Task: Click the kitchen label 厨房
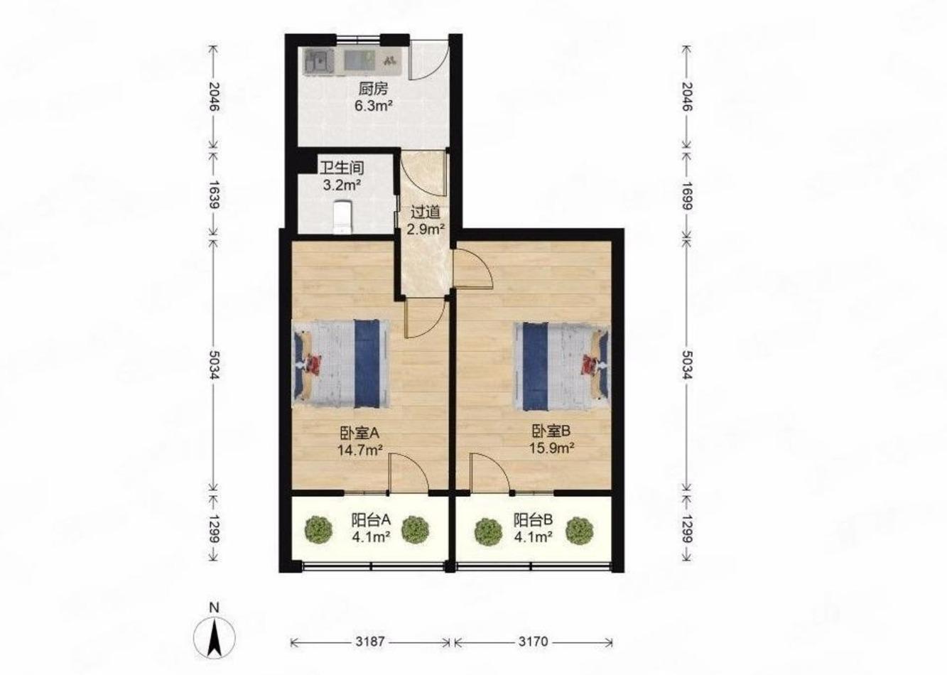pos(373,90)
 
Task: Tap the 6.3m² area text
pos(374,106)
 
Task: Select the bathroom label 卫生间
pos(342,168)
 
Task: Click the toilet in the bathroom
pos(342,217)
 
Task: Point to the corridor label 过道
pos(426,212)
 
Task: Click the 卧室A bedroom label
pos(360,433)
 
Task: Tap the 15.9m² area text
pos(552,448)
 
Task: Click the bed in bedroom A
pos(341,364)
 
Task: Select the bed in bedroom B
pos(562,367)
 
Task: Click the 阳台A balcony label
pos(371,520)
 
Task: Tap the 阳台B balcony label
pos(533,520)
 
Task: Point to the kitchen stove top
pos(359,61)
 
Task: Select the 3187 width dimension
pos(370,642)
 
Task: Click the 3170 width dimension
pos(533,642)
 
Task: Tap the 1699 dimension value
pos(687,196)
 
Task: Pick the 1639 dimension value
pos(215,195)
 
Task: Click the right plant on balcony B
pos(580,531)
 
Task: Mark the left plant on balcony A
pos(318,530)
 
